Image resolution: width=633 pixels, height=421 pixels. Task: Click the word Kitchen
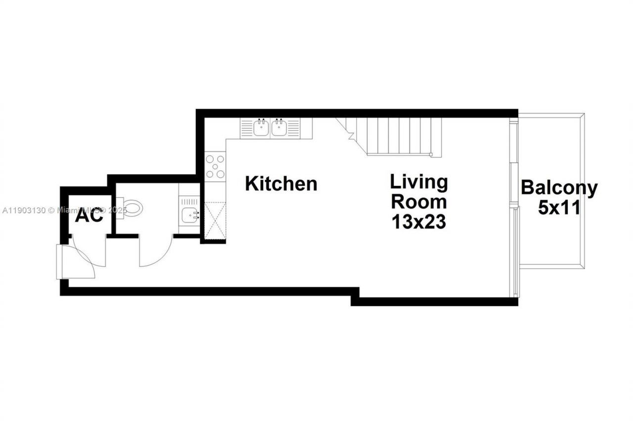coord(281,184)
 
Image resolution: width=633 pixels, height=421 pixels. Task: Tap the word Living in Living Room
coord(418,182)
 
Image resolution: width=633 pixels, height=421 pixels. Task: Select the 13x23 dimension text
coord(418,222)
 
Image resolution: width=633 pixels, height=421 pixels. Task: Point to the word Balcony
coord(559,188)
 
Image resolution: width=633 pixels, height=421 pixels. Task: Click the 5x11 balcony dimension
coord(559,208)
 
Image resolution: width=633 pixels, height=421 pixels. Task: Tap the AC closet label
coord(90,216)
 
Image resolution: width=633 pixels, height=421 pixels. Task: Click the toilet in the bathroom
coord(132,207)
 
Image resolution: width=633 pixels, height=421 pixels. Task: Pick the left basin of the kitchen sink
coord(261,128)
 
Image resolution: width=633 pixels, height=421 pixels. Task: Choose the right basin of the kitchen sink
coord(279,128)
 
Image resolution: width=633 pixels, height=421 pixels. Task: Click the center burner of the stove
coord(215,166)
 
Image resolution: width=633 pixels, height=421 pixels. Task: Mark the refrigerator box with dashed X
coord(214,221)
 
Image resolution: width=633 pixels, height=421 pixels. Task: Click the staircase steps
coord(396,136)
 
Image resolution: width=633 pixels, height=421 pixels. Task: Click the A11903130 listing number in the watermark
coord(24,210)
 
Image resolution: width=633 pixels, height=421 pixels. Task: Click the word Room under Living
coord(418,202)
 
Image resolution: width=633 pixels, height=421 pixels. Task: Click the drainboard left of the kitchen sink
coord(247,128)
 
